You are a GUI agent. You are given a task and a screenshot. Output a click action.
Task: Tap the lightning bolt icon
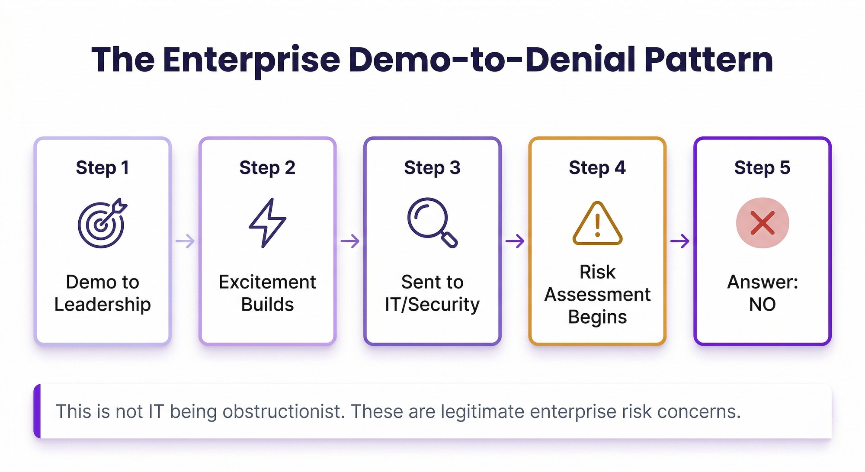coord(267,223)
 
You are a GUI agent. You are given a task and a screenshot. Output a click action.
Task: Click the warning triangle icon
coord(597,223)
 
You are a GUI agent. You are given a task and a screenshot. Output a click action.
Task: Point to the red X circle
coord(762,223)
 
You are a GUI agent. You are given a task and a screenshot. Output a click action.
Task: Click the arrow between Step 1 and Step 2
coord(185,241)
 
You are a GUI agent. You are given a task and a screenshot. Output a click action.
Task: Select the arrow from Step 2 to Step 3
coord(350,241)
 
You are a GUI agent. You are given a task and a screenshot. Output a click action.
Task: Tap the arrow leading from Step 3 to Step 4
coord(515,241)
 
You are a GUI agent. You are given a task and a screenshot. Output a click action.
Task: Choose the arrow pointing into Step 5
coord(680,241)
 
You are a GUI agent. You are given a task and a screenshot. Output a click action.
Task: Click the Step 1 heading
coord(103,168)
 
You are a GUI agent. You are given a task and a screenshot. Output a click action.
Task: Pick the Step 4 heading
coord(597,168)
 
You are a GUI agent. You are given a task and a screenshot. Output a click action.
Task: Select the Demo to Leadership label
coord(103,293)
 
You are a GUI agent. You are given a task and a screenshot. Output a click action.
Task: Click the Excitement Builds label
coord(267,293)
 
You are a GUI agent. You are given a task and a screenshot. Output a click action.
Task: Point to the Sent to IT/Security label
coord(432,293)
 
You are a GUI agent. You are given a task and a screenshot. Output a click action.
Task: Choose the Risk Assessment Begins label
coord(597,295)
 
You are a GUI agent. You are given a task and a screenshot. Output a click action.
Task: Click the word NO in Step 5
coord(762,305)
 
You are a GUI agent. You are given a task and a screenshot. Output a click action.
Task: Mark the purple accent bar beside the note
coord(37,411)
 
